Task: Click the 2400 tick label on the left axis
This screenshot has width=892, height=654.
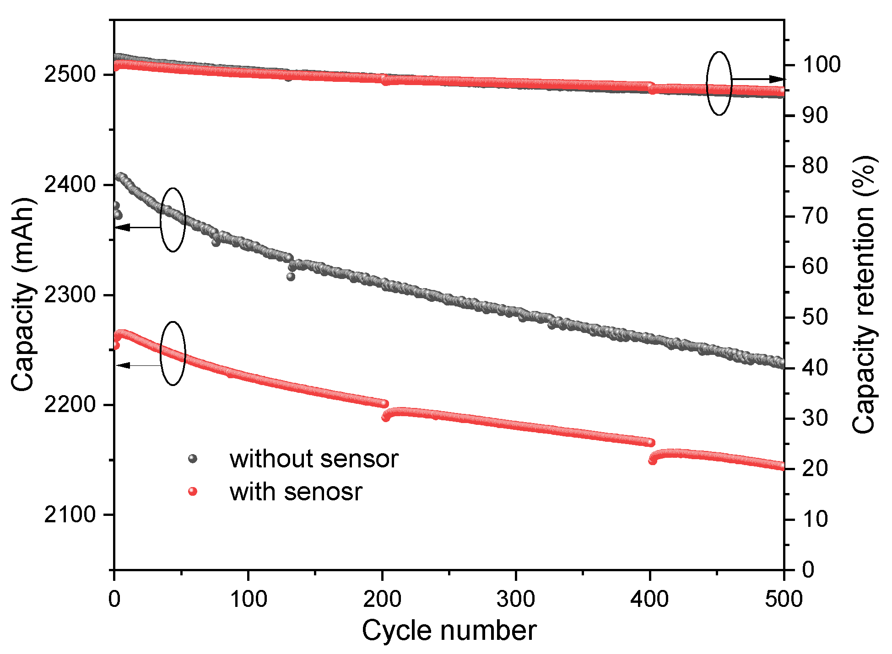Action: pyautogui.click(x=70, y=185)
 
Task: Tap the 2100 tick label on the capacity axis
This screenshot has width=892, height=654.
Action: pyautogui.click(x=70, y=515)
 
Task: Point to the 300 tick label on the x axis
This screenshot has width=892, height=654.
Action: pyautogui.click(x=516, y=599)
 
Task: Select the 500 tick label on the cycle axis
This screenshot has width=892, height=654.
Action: pyautogui.click(x=784, y=599)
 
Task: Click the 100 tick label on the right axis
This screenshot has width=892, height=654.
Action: pyautogui.click(x=822, y=64)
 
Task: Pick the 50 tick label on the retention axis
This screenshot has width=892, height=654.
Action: pyautogui.click(x=815, y=317)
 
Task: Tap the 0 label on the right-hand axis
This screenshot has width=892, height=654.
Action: pyautogui.click(x=808, y=570)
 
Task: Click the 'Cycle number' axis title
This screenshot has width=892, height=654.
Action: pyautogui.click(x=449, y=631)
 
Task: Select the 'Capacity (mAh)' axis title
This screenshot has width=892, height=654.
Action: pyautogui.click(x=23, y=295)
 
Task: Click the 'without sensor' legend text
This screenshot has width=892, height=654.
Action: pyautogui.click(x=314, y=459)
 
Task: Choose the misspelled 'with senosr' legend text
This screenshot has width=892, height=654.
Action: pyautogui.click(x=296, y=492)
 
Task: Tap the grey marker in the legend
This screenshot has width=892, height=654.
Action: pyautogui.click(x=193, y=458)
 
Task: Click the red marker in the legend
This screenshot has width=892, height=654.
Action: pyautogui.click(x=193, y=492)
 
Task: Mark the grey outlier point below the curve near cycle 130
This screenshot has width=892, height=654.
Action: pyautogui.click(x=291, y=276)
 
